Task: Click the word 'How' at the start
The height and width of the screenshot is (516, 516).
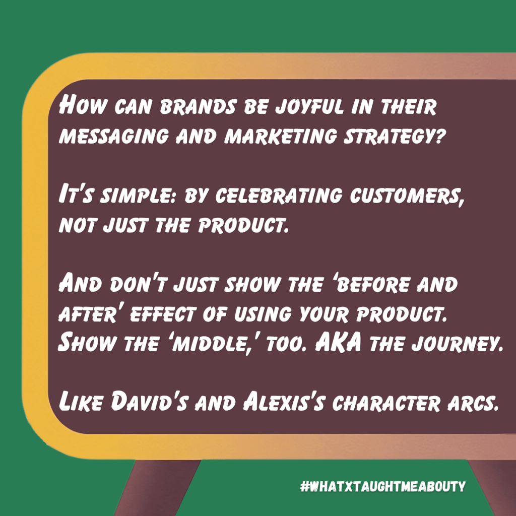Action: point(83,105)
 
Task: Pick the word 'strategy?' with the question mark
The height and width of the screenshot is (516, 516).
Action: point(394,136)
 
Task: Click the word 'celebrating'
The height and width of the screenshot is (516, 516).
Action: point(278,195)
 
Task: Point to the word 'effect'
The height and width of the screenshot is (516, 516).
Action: point(163,313)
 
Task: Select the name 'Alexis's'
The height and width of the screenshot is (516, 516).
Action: point(284,401)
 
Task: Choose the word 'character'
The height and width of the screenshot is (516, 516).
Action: point(386,403)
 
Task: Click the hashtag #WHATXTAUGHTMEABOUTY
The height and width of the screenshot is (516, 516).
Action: point(383,486)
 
